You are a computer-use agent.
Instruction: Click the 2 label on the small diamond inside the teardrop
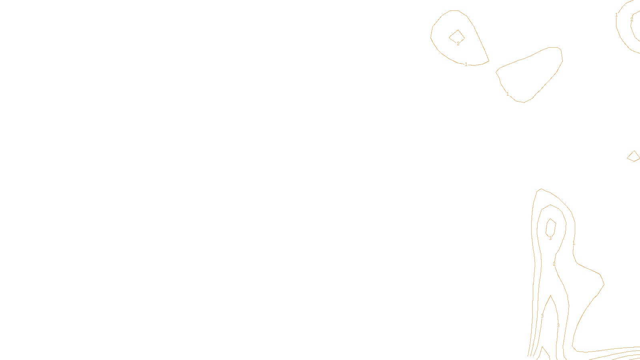point(458,44)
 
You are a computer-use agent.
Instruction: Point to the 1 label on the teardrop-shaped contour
point(466,64)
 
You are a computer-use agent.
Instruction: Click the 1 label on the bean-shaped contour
point(508,94)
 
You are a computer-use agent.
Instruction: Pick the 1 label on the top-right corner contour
point(616,15)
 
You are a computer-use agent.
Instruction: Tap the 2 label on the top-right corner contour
point(632,19)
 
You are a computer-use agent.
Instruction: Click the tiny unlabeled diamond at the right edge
point(634,156)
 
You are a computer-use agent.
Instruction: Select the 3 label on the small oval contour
point(550,238)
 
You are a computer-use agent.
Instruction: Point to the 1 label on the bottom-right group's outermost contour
point(574,243)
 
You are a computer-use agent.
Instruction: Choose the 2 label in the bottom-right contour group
point(554,264)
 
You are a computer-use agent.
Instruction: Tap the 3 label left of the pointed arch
point(542,316)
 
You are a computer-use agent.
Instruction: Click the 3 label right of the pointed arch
point(558,326)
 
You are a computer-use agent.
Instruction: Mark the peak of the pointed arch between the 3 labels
point(551,295)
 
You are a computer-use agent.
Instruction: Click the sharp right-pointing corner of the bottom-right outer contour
point(604,284)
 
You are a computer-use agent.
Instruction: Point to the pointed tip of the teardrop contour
point(489,61)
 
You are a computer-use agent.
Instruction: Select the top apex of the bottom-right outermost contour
point(541,189)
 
